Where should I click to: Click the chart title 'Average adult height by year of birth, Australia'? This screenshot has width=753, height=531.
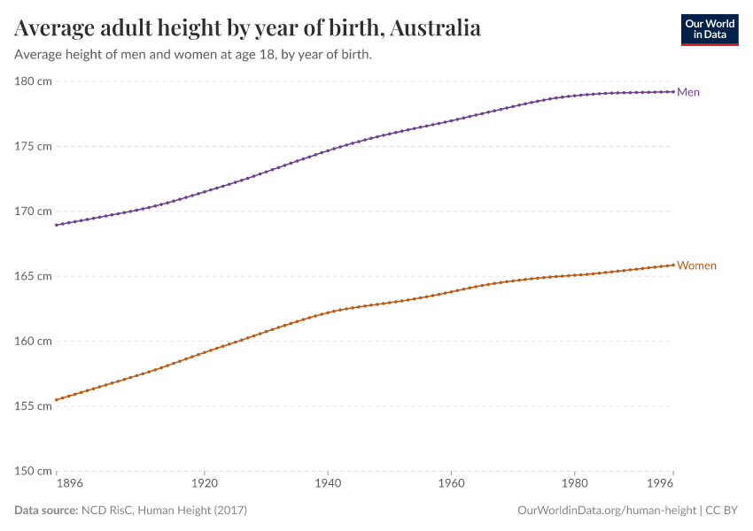248,28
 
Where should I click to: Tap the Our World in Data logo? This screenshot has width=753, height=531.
709,29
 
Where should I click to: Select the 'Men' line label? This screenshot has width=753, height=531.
688,92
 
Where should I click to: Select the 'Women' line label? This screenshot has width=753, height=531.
696,265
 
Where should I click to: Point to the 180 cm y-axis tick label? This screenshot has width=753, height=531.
33,81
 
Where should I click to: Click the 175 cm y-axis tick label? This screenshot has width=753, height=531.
33,146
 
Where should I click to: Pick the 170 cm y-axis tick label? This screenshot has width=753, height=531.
33,212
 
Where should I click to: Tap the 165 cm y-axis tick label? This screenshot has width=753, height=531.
33,276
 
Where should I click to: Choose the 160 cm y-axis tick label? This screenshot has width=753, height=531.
33,341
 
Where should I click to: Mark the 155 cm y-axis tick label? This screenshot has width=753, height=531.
33,406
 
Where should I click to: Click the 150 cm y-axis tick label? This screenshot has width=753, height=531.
33,471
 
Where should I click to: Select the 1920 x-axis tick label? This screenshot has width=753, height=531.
204,485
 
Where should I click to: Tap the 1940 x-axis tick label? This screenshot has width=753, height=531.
328,485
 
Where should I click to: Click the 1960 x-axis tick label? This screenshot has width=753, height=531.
451,485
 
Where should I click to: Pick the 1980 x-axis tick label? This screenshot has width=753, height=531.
574,485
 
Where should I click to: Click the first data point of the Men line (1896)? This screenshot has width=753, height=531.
56,225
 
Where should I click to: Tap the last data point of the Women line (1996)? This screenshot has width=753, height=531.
673,265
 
